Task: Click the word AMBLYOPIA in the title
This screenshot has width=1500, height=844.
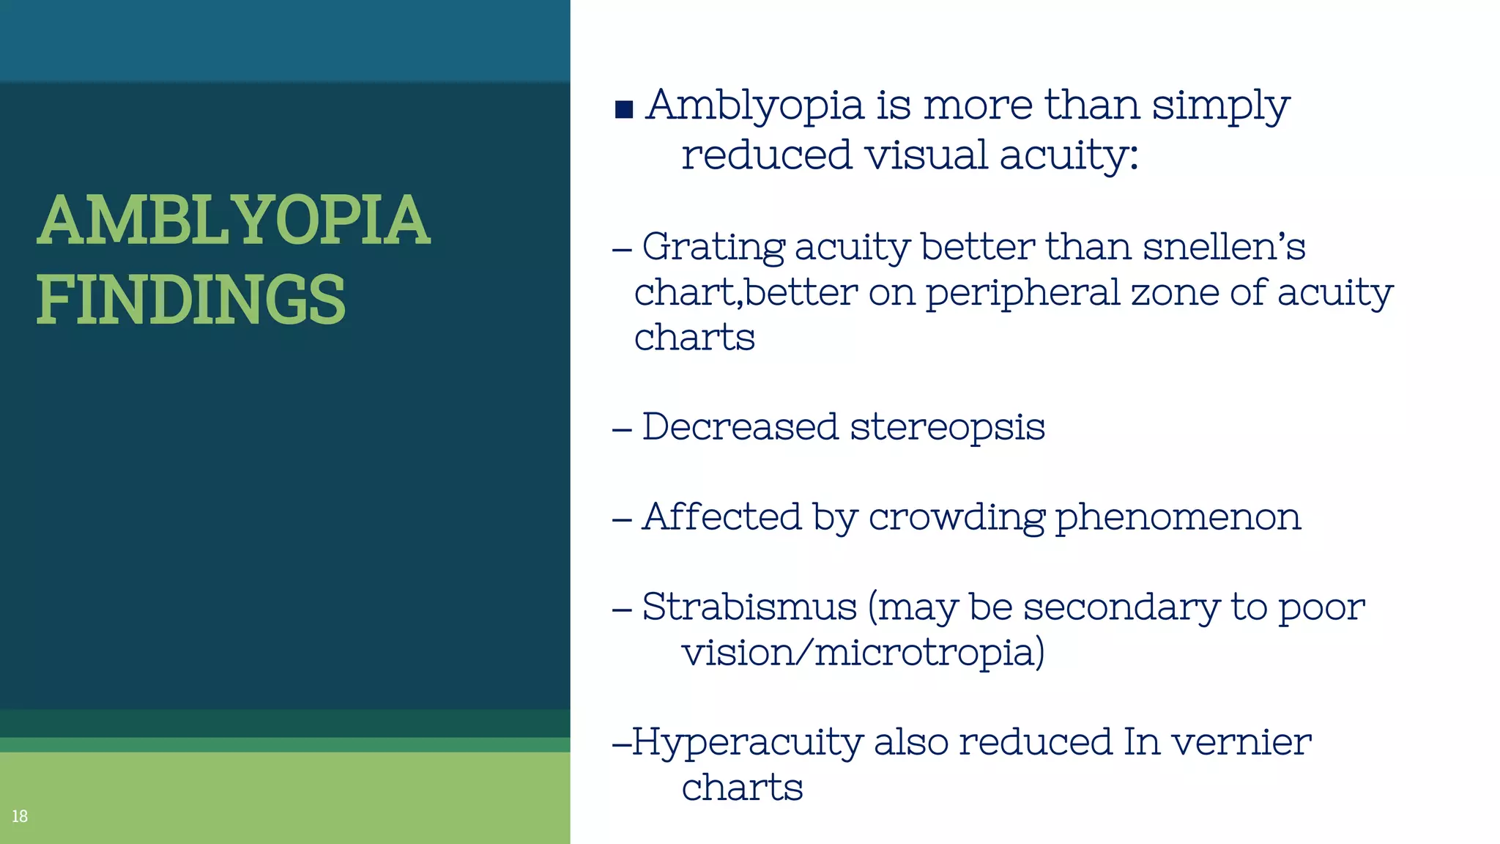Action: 233,220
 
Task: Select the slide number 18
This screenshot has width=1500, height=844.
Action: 20,816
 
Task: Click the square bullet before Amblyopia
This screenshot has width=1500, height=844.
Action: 624,110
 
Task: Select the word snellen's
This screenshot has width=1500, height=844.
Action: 1224,246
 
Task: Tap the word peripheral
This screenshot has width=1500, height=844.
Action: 1022,293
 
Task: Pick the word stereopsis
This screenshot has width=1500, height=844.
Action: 947,427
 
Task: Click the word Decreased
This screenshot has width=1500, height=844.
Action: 740,426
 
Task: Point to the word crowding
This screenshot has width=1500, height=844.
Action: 957,518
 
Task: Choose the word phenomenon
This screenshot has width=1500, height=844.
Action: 1178,517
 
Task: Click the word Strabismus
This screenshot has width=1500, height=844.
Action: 749,607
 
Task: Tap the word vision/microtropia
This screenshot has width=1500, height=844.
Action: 863,652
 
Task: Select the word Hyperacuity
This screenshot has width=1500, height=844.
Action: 747,743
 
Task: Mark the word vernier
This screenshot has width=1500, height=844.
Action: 1241,741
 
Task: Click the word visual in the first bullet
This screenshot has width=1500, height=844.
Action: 925,155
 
